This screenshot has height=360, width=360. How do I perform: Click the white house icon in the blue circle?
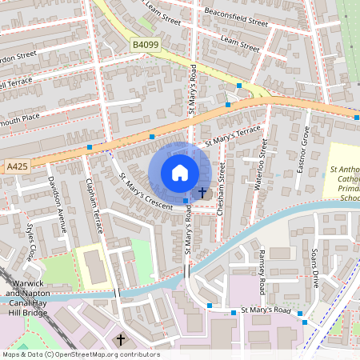point(180,173)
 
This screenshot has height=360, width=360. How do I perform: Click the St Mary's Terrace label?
point(233,136)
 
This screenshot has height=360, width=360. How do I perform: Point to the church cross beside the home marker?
point(202,193)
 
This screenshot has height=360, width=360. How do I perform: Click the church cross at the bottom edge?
point(121,340)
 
